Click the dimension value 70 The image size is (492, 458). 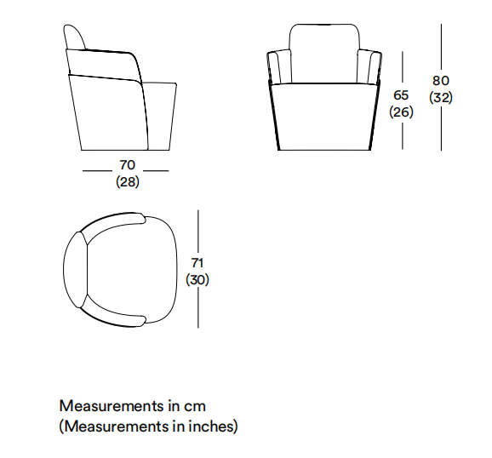[128, 165]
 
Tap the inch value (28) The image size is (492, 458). [128, 182]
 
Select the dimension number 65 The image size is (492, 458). [401, 95]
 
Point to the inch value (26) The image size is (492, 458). [401, 112]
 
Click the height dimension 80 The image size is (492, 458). [441, 81]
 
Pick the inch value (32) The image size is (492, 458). [441, 98]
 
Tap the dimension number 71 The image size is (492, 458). [197, 263]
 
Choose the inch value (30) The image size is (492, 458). [197, 280]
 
